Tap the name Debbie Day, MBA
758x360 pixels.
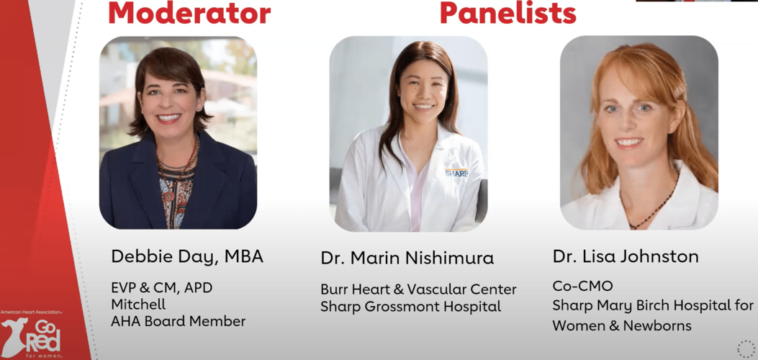coord(187,257)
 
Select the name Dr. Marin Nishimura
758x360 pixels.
coord(407,258)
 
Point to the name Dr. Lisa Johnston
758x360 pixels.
coord(626,256)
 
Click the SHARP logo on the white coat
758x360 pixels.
coord(456,173)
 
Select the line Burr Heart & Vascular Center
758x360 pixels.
coord(419,289)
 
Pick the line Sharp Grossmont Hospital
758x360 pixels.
coord(411,307)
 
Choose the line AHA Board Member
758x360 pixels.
coord(179,321)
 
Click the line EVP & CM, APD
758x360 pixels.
coord(162,288)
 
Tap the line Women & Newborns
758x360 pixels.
coord(622,325)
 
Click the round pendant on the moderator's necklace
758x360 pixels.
coord(168,197)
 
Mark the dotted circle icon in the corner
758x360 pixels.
coord(746,349)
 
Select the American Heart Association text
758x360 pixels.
coord(32,313)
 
